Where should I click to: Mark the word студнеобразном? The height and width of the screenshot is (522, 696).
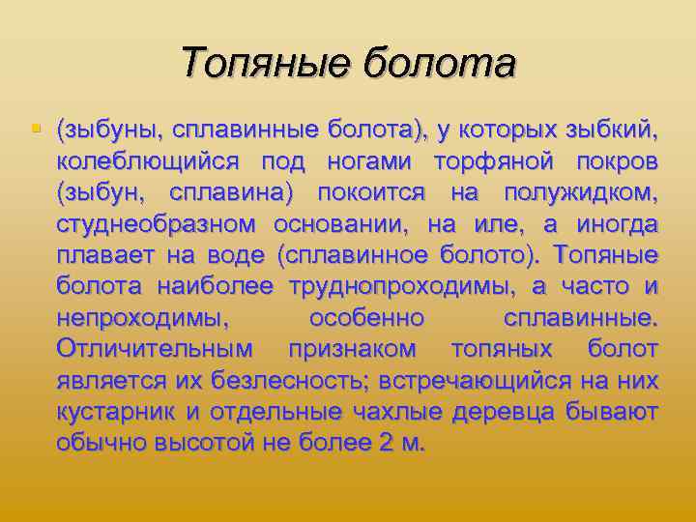tap(156, 224)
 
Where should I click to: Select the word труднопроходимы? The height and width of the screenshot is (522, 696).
tap(398, 287)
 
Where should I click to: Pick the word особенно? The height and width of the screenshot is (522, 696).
tap(366, 318)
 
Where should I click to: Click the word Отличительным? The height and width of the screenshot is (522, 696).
tap(155, 349)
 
